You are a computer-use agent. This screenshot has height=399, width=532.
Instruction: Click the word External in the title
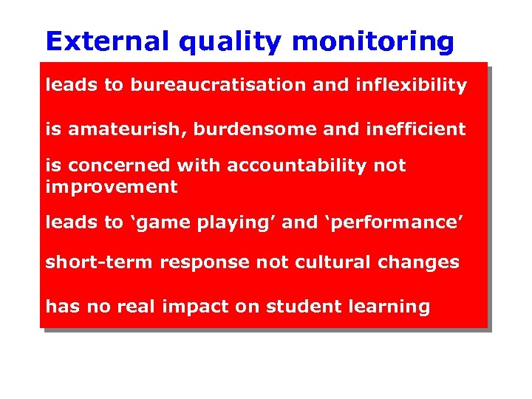[x=108, y=41]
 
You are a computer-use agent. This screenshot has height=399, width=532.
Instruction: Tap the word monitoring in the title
[x=373, y=43]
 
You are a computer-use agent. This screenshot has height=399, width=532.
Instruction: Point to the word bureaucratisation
[x=219, y=85]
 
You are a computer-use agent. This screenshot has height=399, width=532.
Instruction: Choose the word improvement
[x=112, y=188]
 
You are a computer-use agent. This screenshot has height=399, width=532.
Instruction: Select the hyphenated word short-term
[x=90, y=262]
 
